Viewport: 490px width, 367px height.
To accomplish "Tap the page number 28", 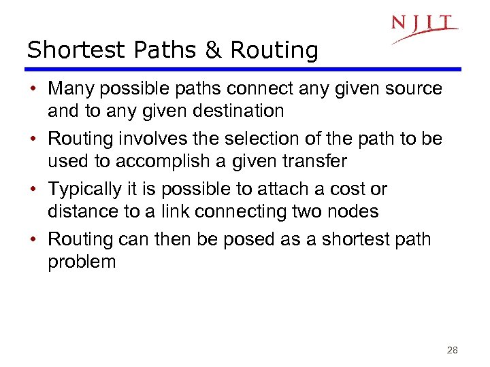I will coord(452,351).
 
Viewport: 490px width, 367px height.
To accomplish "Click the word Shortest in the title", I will coord(67,50).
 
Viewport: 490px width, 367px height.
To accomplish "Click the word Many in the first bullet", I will coord(70,88).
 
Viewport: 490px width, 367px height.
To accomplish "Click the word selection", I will coord(253,139).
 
